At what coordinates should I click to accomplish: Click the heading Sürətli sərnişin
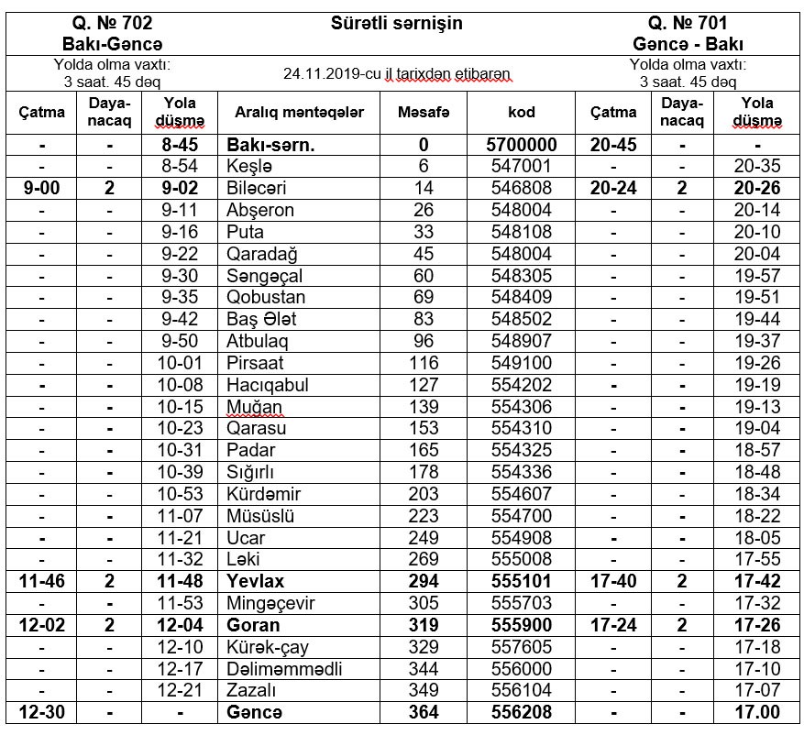click(x=396, y=23)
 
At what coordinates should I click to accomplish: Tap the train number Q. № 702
click(x=113, y=23)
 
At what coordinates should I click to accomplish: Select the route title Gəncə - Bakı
click(x=688, y=44)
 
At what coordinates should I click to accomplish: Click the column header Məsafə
click(x=424, y=113)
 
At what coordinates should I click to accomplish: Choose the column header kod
click(x=522, y=113)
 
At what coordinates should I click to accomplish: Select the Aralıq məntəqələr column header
click(x=299, y=113)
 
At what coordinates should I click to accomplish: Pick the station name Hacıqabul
click(x=268, y=385)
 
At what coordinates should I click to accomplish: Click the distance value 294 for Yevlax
click(x=424, y=582)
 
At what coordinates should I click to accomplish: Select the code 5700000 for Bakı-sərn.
click(x=522, y=145)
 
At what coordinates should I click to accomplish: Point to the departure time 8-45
click(x=180, y=145)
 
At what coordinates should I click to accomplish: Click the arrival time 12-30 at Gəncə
click(x=41, y=712)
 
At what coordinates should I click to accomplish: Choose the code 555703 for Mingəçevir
click(x=522, y=603)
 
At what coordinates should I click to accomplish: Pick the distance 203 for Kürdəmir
click(x=424, y=494)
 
